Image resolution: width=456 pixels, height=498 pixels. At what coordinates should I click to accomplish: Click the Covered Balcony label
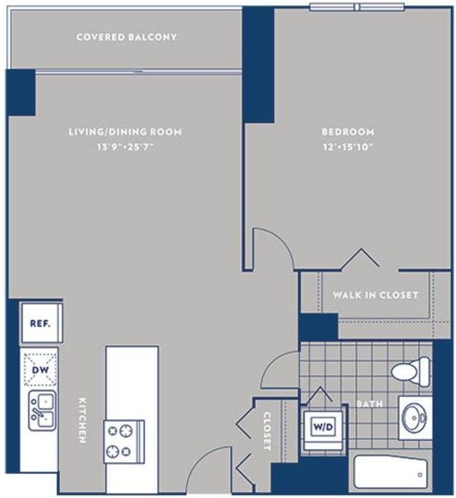tap(127, 37)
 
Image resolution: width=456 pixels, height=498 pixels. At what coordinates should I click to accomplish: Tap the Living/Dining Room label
tap(125, 132)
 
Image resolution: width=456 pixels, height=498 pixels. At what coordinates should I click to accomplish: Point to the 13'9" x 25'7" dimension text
tap(125, 147)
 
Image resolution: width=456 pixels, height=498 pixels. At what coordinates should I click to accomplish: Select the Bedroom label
tap(348, 132)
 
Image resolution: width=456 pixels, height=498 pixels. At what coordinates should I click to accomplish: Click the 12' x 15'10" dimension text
tap(348, 147)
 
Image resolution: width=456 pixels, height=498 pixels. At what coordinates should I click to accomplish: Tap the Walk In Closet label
tap(375, 295)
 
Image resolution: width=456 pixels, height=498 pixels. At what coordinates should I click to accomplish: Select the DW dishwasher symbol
tap(40, 369)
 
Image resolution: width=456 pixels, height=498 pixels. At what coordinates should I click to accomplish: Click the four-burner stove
tap(124, 442)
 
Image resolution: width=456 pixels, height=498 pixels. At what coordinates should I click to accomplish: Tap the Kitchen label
tap(82, 420)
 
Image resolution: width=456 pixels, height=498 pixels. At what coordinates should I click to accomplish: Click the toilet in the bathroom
tap(411, 371)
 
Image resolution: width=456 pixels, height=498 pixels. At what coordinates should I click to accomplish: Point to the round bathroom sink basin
tap(414, 418)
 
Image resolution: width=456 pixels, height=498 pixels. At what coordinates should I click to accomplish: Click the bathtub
tap(390, 472)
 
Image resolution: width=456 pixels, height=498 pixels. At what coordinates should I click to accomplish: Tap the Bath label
tap(370, 404)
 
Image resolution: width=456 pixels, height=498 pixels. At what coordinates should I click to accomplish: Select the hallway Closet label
tap(267, 431)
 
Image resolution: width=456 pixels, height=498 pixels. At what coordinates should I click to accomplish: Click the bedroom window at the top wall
tap(357, 7)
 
